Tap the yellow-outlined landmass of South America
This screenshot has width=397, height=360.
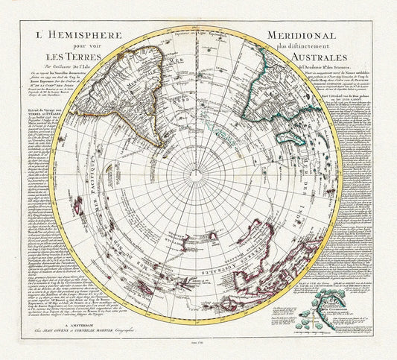[x=127, y=82]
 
